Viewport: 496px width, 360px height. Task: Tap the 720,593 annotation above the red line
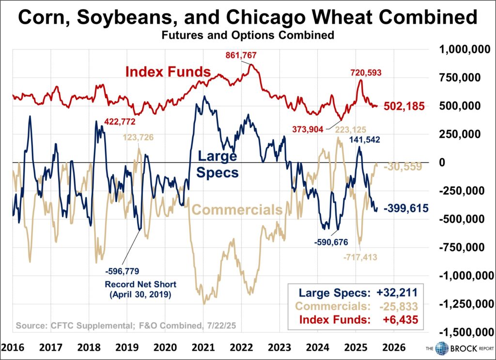pos(366,73)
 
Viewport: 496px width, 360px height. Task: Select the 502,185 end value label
pos(405,106)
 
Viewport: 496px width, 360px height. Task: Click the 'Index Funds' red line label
pos(168,72)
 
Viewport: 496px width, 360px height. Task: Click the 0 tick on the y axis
pos(441,163)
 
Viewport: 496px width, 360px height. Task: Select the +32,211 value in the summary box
pos(397,292)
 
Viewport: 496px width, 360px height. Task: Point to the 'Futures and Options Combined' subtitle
pos(248,35)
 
